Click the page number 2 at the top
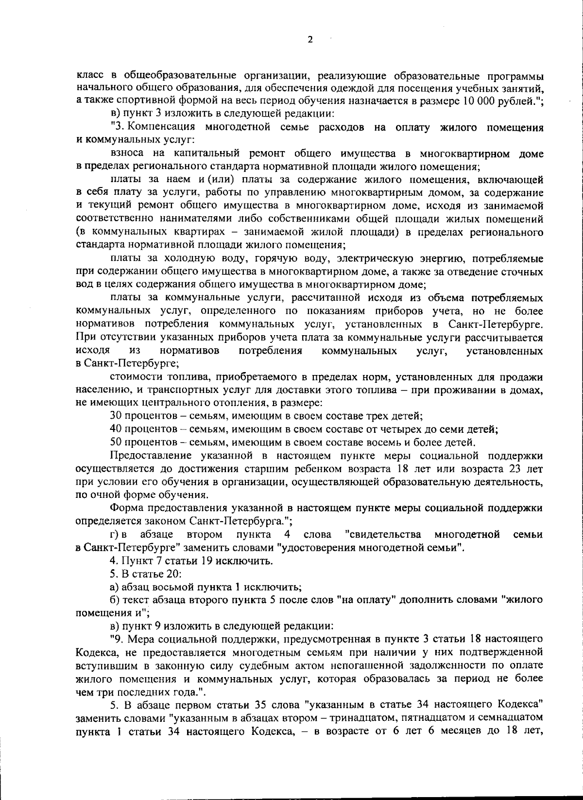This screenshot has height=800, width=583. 310,40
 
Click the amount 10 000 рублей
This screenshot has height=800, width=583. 503,101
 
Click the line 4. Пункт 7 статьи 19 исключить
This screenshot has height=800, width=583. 191,561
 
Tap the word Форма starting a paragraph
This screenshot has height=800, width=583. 124,508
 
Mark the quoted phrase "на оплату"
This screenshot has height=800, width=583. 364,600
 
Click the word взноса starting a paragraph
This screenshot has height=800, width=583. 126,154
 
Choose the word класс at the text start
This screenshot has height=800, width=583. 89,75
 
